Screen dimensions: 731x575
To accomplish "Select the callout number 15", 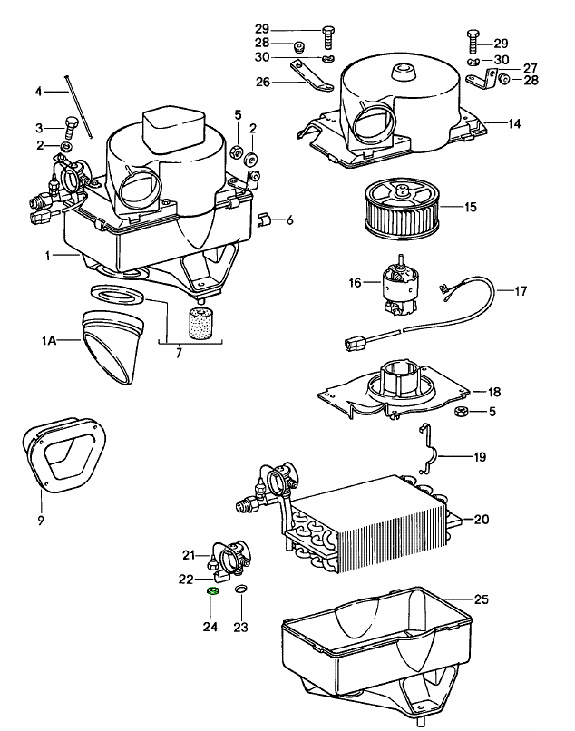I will tap(470, 208).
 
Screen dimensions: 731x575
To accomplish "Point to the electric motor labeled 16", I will tap(395, 285).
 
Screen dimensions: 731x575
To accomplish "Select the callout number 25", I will tap(481, 599).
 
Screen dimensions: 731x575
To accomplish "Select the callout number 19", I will tap(481, 458).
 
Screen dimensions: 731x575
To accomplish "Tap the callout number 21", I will tap(189, 555).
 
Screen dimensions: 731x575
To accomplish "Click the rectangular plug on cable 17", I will tap(356, 343).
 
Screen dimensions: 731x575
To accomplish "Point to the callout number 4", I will tap(39, 92).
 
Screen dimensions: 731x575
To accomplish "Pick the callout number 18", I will tap(494, 392).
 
